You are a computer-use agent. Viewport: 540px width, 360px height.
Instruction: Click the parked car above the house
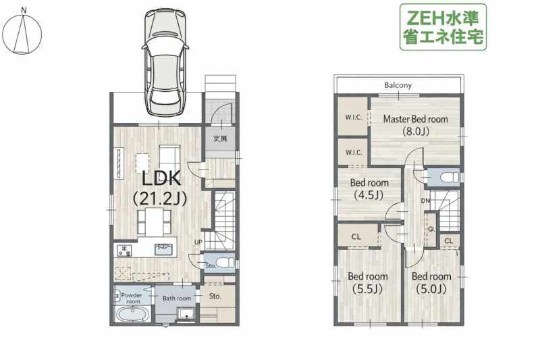165,62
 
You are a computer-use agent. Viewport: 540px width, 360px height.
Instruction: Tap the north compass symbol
22,33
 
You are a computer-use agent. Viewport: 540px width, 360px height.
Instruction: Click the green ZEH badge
443,27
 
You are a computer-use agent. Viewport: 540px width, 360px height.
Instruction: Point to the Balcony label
398,85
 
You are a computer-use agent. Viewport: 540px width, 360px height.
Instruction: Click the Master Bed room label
416,125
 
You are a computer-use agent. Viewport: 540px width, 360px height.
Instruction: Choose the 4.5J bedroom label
369,189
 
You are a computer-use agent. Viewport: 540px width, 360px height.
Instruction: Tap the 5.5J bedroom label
367,282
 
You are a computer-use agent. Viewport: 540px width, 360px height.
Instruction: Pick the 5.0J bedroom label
431,282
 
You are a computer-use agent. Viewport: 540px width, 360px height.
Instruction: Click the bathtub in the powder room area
132,314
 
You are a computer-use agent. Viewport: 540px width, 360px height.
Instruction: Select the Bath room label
177,299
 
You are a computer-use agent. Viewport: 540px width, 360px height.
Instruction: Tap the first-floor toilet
225,263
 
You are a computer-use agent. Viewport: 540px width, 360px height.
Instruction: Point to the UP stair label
198,242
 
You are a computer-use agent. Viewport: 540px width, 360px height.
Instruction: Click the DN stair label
425,201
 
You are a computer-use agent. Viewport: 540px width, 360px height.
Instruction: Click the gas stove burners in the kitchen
124,251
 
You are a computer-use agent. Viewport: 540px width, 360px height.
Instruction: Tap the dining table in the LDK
155,221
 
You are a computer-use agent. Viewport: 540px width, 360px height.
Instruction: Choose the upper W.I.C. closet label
354,118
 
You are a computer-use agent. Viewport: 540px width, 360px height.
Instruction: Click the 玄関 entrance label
220,138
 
